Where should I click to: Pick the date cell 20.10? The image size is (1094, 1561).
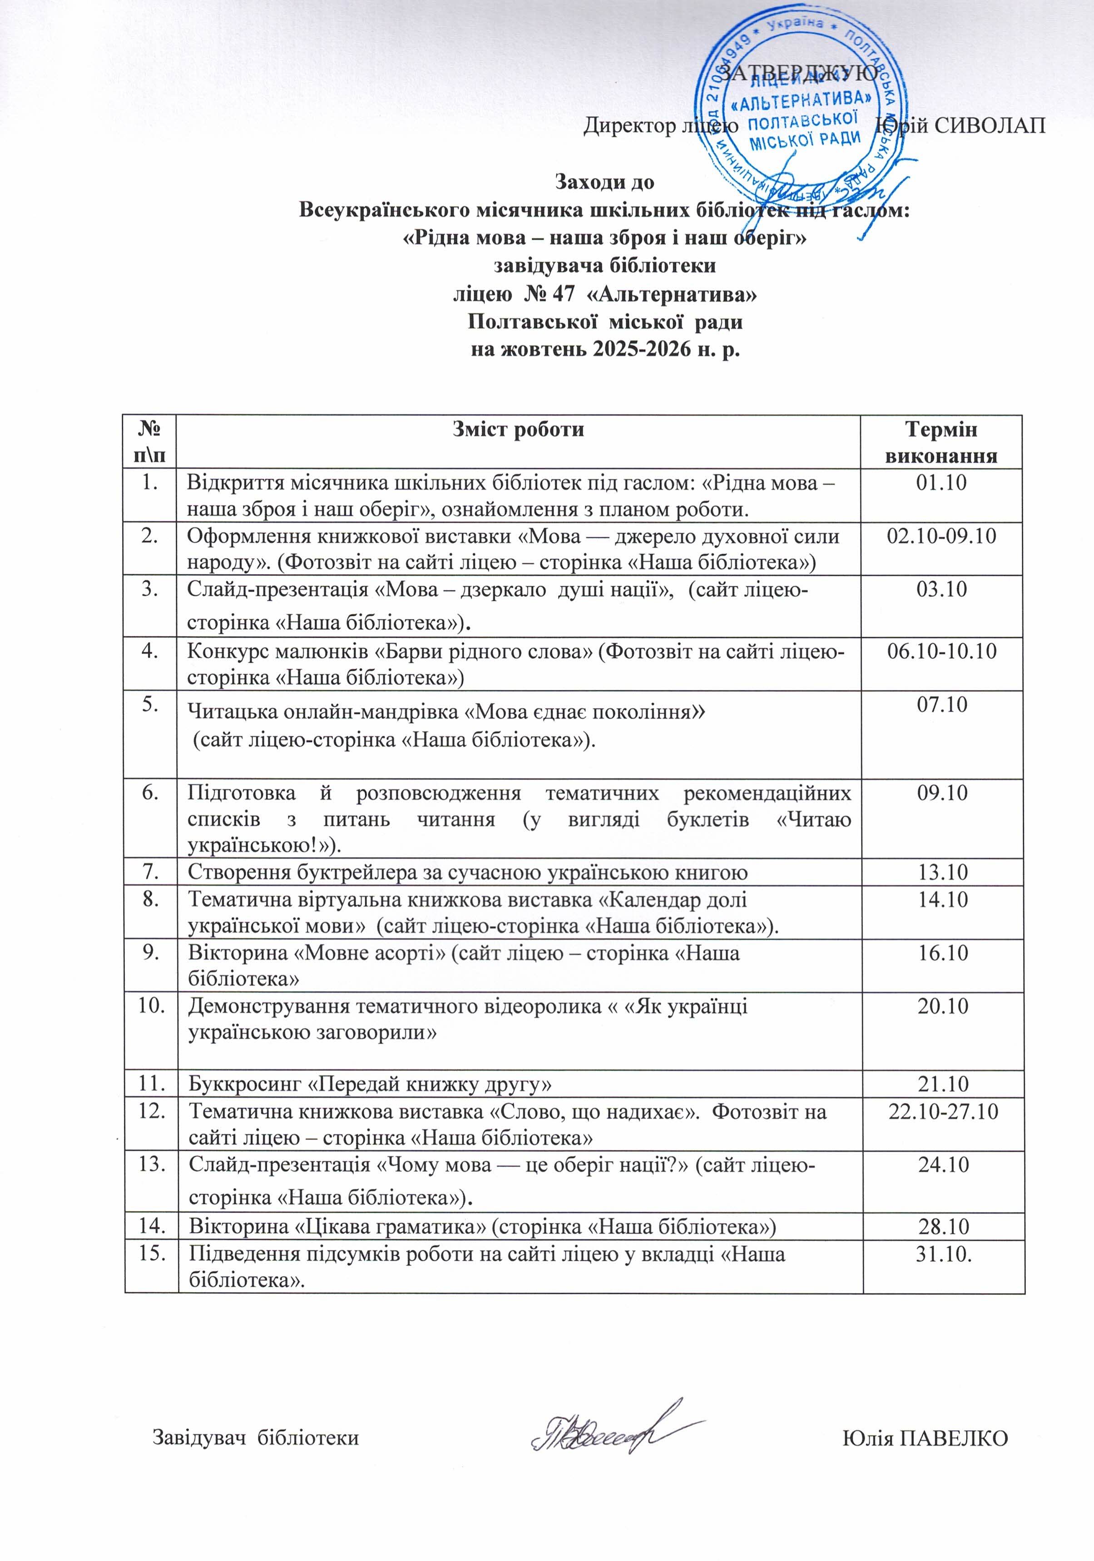[x=942, y=1006]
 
